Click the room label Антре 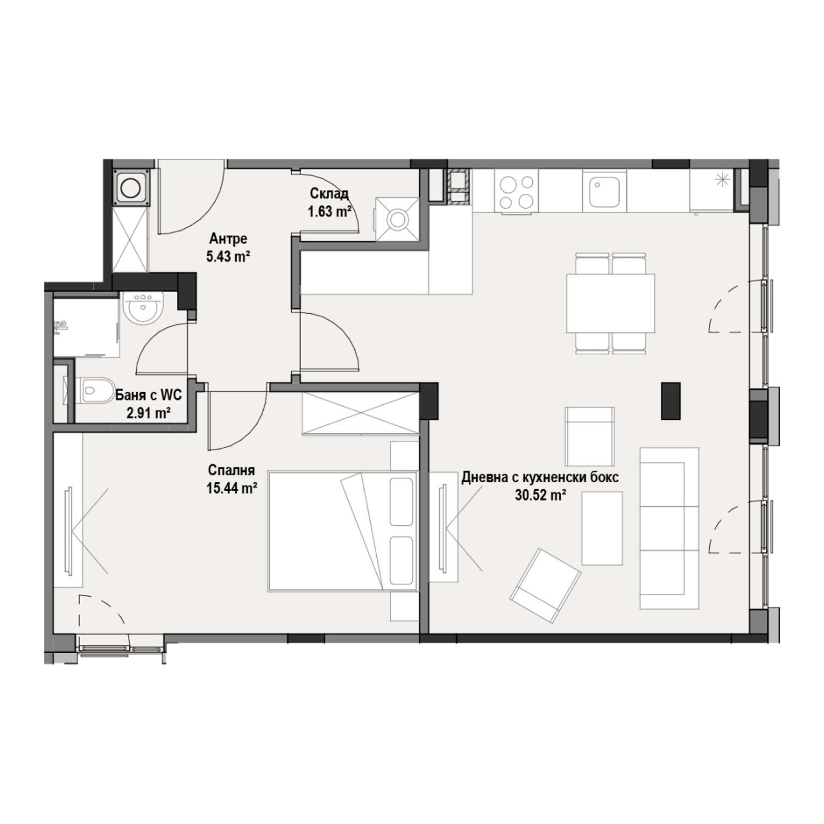click(228, 239)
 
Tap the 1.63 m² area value click(330, 211)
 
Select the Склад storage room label click(329, 194)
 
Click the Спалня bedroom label click(231, 470)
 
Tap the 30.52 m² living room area click(541, 495)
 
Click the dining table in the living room click(611, 303)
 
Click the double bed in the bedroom click(342, 530)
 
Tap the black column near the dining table click(671, 400)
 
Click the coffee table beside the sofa click(602, 528)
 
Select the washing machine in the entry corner click(131, 187)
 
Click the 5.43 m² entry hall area click(229, 257)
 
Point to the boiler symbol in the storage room click(398, 219)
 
